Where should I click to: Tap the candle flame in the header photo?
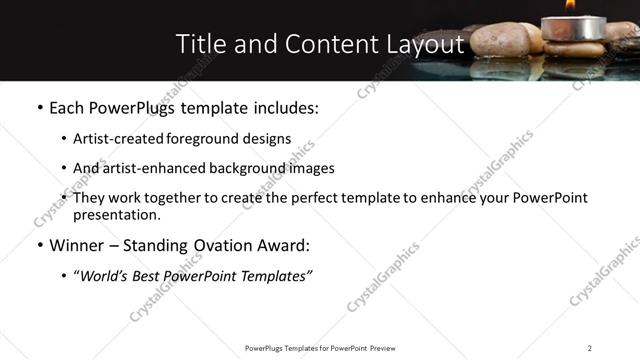click(x=570, y=5)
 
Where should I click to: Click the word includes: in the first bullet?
click(x=283, y=107)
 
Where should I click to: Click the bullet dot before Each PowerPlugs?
click(x=39, y=107)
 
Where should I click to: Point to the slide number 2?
click(x=589, y=347)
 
